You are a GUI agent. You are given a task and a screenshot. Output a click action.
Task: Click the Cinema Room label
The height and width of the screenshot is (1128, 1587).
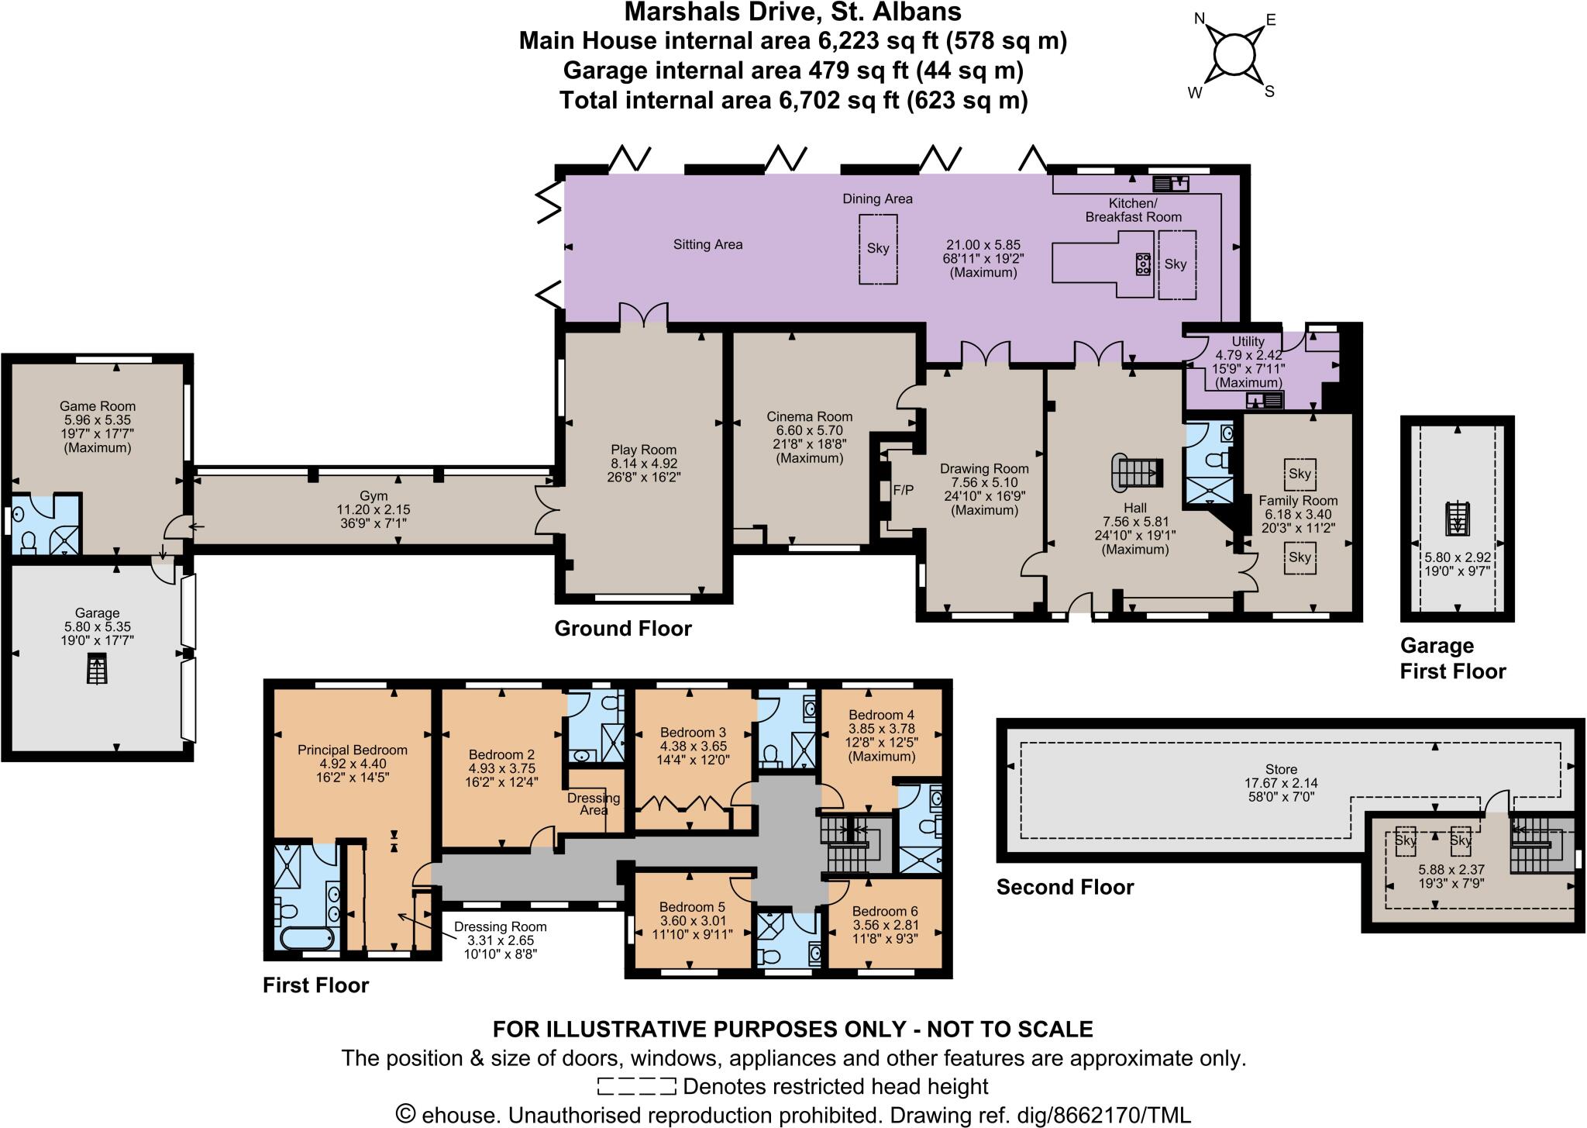coord(809,416)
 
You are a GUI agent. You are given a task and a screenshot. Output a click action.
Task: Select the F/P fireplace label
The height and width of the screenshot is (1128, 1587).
coord(904,490)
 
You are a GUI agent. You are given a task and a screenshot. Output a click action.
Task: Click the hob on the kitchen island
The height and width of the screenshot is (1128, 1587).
coord(1143,264)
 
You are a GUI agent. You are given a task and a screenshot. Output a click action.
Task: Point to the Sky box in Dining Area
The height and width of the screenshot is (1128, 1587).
coord(878,249)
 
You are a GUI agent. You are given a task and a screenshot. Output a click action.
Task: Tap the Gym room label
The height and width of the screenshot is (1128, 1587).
coord(374,496)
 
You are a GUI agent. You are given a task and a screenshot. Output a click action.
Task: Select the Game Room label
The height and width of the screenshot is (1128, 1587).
coord(98,405)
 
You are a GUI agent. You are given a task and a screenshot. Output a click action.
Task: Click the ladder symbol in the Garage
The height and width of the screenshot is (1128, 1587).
coord(96,669)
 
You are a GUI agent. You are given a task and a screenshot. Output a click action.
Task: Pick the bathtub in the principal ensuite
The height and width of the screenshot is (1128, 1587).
coord(307,939)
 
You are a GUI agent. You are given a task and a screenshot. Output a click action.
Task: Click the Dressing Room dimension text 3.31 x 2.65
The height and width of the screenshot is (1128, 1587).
coord(500,940)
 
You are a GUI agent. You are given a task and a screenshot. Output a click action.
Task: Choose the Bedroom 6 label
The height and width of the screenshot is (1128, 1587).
coord(885,911)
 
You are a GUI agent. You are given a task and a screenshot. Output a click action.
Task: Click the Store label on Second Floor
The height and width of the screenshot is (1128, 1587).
coord(1281,769)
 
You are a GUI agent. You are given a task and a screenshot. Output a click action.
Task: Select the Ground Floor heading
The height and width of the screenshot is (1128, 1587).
coord(622,628)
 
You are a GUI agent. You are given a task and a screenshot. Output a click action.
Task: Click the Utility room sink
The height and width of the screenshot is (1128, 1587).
coord(1264,400)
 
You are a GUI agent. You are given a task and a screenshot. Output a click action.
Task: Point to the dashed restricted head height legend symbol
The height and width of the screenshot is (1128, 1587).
coord(635,1086)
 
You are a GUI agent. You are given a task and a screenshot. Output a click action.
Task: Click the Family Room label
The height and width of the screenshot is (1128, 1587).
coord(1298,500)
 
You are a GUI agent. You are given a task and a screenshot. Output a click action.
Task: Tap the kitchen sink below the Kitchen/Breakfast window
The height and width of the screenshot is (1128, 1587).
coord(1171,184)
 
